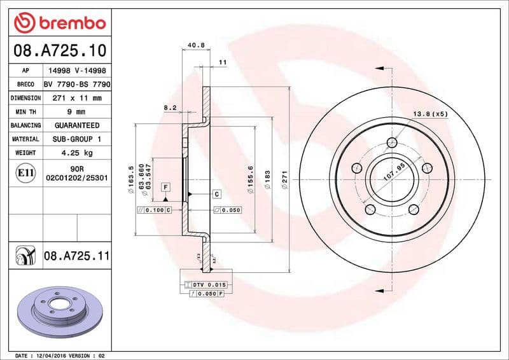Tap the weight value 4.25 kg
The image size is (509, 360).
click(x=76, y=153)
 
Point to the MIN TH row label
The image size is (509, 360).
click(x=25, y=112)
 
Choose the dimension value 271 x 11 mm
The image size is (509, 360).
click(x=76, y=99)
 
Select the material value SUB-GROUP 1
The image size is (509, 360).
click(x=76, y=139)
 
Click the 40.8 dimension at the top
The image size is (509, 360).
click(x=196, y=46)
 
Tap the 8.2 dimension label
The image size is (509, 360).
click(x=170, y=108)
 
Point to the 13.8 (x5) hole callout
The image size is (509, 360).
click(x=431, y=114)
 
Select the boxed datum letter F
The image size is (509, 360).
click(x=165, y=187)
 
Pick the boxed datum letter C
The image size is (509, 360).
click(x=216, y=194)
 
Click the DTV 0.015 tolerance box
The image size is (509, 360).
click(x=209, y=284)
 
